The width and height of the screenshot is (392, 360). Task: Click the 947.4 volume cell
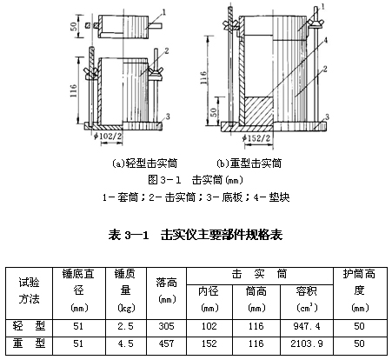tap(307, 326)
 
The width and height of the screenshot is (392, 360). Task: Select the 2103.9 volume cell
tap(307, 343)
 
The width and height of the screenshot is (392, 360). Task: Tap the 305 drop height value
tap(166, 326)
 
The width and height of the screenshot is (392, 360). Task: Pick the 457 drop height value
tap(166, 343)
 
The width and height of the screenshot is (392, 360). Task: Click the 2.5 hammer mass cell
tap(125, 326)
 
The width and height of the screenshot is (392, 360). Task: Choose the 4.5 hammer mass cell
tap(125, 343)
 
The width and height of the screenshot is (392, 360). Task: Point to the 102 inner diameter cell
tap(209, 326)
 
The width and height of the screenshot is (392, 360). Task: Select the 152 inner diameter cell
tap(209, 343)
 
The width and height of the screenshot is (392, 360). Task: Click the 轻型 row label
tap(29, 326)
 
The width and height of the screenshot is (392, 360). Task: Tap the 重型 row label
tap(29, 343)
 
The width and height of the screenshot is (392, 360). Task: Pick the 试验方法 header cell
tap(29, 290)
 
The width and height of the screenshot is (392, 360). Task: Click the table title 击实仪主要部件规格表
tap(222, 235)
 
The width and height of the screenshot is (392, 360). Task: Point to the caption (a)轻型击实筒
tap(144, 163)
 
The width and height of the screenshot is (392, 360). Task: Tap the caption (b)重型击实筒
tap(249, 163)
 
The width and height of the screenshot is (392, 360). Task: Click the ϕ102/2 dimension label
tap(108, 137)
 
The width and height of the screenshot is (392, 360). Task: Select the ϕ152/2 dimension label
tap(256, 138)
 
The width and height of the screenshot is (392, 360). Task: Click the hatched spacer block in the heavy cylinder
tap(259, 110)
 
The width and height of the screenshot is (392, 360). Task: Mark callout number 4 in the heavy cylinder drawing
tap(326, 40)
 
